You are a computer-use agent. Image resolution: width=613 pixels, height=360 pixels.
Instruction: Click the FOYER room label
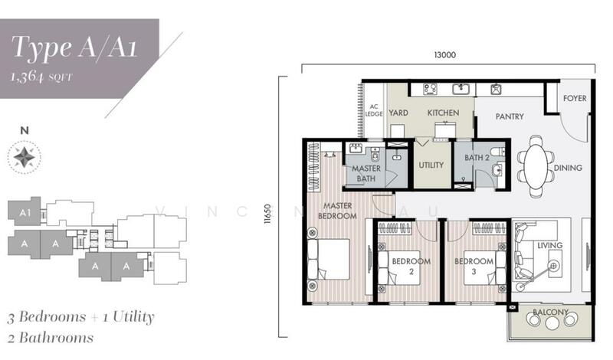[575, 98]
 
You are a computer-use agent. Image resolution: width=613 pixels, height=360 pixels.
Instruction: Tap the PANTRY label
[510, 116]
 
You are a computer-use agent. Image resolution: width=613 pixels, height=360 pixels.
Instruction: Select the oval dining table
[536, 166]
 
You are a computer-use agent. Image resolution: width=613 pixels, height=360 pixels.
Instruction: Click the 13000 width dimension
[445, 54]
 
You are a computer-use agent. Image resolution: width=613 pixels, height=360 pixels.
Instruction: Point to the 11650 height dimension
[267, 214]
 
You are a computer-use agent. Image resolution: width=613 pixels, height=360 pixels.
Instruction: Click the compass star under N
[25, 158]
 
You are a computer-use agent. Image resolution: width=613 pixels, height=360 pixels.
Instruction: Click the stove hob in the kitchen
[431, 89]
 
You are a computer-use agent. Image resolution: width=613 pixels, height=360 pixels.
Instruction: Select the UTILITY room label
[431, 165]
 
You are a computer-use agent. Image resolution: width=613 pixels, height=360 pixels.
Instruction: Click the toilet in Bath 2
[499, 152]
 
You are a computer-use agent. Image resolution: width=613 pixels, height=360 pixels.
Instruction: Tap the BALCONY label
[550, 312]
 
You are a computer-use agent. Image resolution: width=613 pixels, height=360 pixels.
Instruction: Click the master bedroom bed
[329, 259]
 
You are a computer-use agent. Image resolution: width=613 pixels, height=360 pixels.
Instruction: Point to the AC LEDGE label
[374, 110]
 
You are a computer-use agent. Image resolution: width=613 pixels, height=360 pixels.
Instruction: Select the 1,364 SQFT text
[41, 77]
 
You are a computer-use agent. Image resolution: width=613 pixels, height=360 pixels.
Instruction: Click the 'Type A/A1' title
[74, 47]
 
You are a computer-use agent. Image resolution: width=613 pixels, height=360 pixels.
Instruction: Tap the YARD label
[398, 113]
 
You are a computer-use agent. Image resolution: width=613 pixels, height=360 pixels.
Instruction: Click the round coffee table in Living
[553, 267]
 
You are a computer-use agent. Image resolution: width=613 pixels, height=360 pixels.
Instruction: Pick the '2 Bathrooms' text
[51, 338]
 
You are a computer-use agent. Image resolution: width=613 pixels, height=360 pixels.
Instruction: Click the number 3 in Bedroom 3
[474, 271]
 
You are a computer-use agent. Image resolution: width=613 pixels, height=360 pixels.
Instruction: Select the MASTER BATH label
[366, 174]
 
